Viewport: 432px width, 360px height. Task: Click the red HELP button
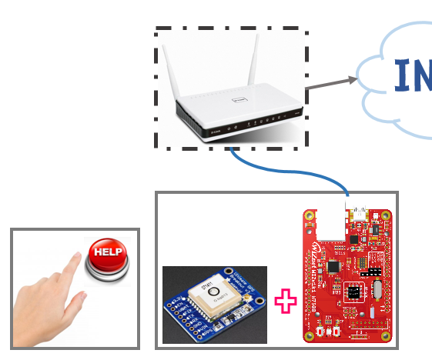(107, 258)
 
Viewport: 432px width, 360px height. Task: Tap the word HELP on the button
(107, 252)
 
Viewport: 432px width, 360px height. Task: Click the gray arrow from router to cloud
(330, 84)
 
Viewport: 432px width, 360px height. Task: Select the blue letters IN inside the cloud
(412, 75)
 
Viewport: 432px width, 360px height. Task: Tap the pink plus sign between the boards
(286, 301)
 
